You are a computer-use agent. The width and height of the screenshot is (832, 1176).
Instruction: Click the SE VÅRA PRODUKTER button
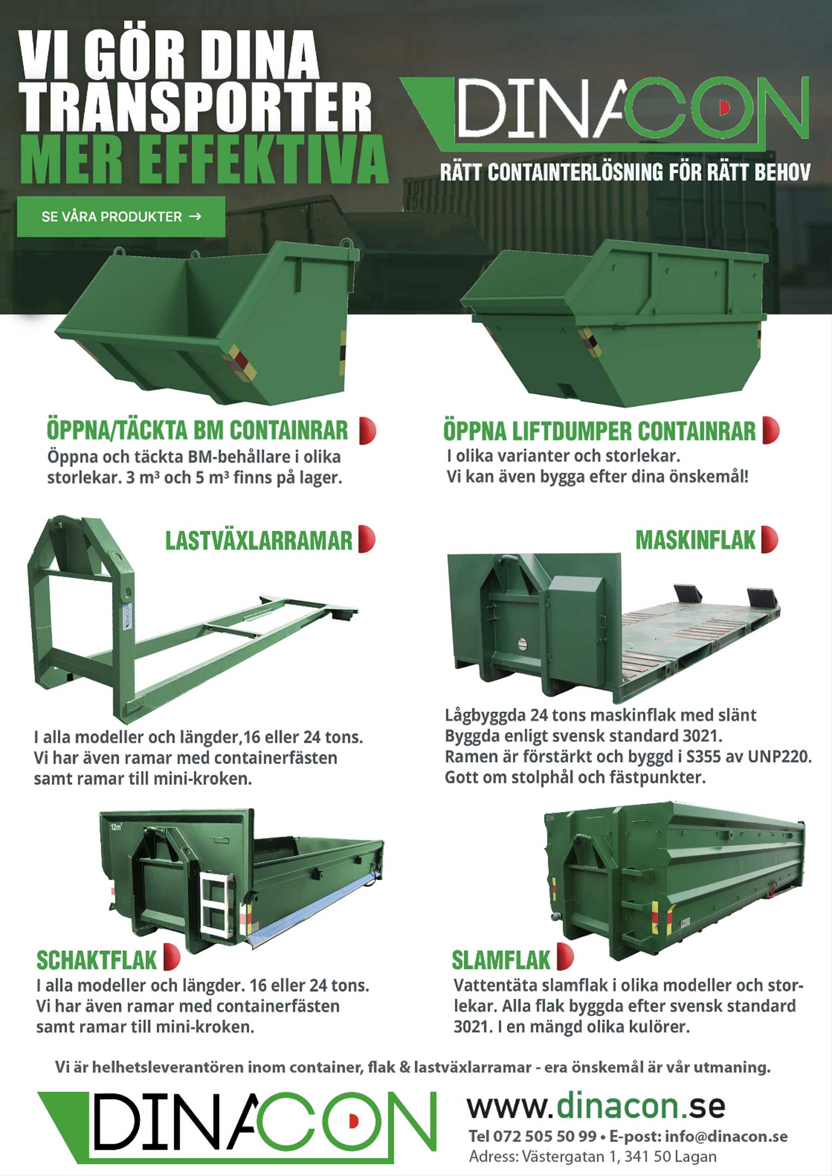[x=121, y=217]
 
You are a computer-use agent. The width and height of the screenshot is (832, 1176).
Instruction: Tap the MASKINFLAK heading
[x=695, y=540]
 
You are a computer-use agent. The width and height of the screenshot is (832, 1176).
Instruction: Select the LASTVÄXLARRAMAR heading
[x=259, y=541]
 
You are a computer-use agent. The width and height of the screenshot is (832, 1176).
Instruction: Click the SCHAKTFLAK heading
[x=96, y=960]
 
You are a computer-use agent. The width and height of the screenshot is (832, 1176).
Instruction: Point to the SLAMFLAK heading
[x=500, y=960]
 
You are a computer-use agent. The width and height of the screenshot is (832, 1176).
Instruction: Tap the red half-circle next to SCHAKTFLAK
[x=171, y=957]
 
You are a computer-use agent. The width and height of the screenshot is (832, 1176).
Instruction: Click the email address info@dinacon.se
[x=726, y=1137]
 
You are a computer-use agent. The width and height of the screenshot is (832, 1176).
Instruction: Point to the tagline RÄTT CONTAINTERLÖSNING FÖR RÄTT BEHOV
[x=625, y=172]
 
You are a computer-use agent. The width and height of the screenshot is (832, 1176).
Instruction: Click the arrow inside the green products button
[x=195, y=217]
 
